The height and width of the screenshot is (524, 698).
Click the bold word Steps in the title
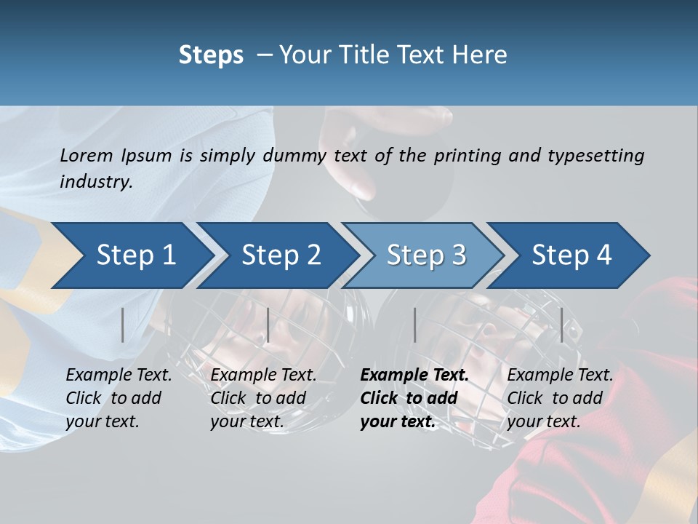pyautogui.click(x=211, y=55)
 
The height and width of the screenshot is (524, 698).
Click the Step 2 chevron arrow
pyautogui.click(x=281, y=255)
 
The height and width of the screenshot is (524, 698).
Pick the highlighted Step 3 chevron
pyautogui.click(x=426, y=255)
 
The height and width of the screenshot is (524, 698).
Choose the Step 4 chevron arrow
pyautogui.click(x=571, y=255)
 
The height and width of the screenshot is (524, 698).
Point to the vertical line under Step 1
pyautogui.click(x=123, y=325)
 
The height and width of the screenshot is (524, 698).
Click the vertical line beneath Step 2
pyautogui.click(x=268, y=325)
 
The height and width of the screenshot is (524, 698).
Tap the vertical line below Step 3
pyautogui.click(x=415, y=325)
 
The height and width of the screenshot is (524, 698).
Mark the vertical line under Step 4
pyautogui.click(x=562, y=325)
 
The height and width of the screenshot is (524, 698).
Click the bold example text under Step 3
pyautogui.click(x=414, y=398)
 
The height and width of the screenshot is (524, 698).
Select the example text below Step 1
pyautogui.click(x=119, y=398)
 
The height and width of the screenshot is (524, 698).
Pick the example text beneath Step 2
pyautogui.click(x=263, y=398)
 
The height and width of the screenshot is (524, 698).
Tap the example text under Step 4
pyautogui.click(x=560, y=398)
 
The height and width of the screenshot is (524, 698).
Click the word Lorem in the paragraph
pyautogui.click(x=87, y=155)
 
